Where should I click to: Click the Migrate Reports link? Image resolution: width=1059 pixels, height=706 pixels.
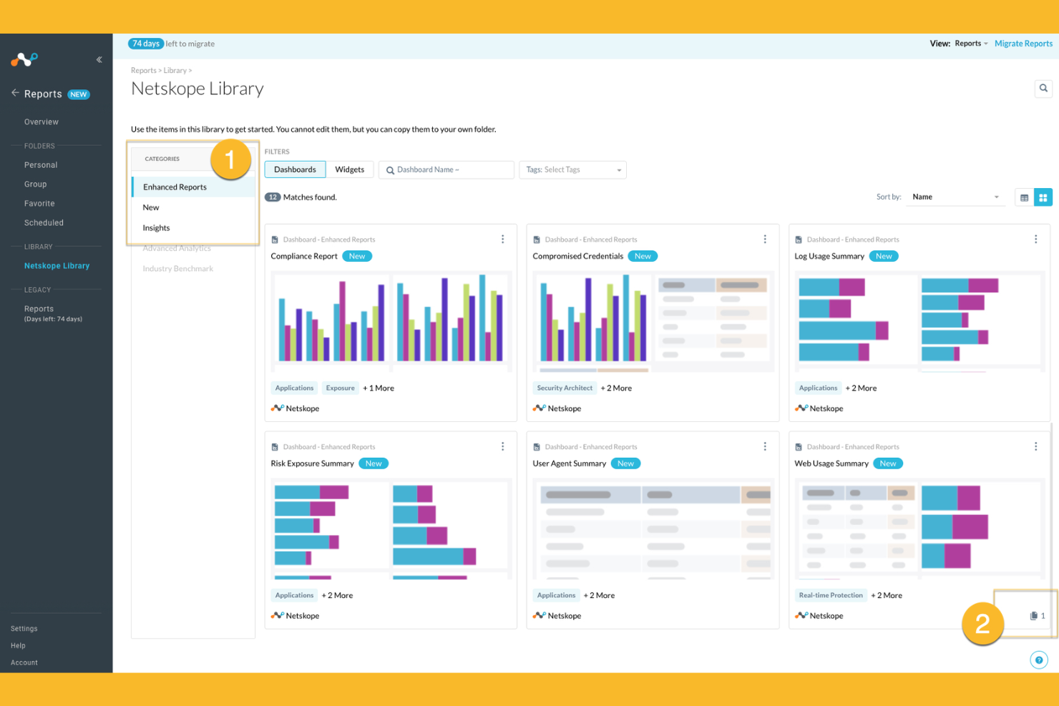click(x=1023, y=44)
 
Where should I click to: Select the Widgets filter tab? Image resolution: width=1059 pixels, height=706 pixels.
click(x=349, y=170)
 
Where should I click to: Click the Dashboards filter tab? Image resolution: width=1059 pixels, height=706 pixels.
click(x=295, y=170)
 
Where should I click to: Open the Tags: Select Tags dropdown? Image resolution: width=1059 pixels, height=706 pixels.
click(x=572, y=170)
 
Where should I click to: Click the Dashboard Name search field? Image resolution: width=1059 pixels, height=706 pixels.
click(x=446, y=170)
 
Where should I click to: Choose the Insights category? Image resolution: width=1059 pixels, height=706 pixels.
click(x=156, y=228)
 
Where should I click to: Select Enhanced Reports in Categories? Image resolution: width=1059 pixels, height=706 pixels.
click(x=175, y=187)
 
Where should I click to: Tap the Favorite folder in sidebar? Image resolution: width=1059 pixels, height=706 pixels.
click(x=39, y=204)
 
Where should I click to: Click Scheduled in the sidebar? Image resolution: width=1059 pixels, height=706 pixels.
click(x=44, y=223)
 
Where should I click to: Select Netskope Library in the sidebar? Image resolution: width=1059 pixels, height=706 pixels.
click(x=57, y=266)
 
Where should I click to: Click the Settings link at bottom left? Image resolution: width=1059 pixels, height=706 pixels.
click(x=24, y=629)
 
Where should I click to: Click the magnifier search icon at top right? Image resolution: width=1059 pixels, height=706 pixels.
click(x=1043, y=89)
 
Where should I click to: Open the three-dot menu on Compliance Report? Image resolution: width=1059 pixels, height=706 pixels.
click(x=502, y=240)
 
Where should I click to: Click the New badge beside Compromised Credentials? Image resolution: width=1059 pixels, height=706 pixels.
click(x=643, y=256)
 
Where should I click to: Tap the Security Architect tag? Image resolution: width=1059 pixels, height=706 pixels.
click(x=565, y=388)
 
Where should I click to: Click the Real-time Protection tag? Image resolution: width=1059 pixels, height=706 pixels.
click(x=831, y=595)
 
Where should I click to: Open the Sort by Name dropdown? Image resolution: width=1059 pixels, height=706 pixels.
click(x=955, y=197)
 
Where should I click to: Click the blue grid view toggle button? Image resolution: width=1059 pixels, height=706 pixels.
click(x=1043, y=197)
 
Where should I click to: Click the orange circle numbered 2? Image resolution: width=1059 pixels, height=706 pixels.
click(x=982, y=624)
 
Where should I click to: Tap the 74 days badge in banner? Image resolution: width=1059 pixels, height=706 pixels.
click(x=146, y=44)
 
